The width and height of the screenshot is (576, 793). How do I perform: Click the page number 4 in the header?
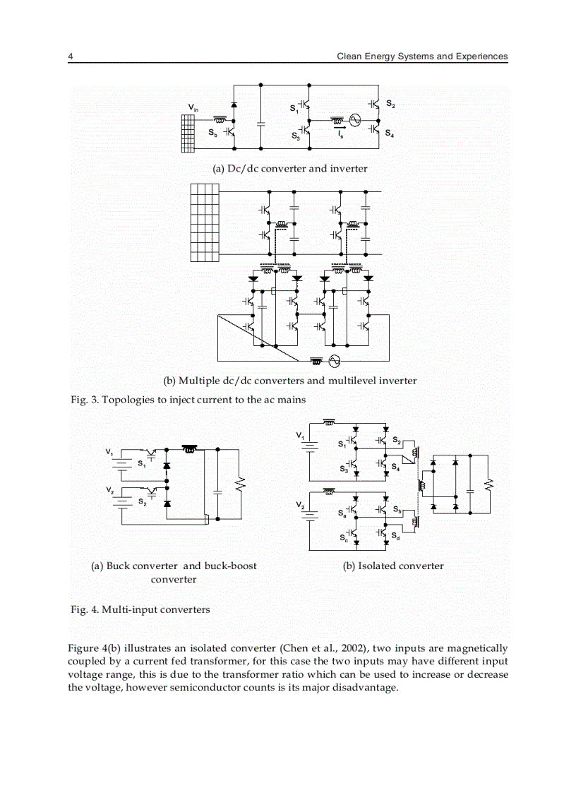coord(71,56)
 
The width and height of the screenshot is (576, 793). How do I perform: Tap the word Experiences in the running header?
coord(480,56)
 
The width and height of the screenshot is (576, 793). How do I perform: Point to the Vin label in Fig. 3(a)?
coord(193,107)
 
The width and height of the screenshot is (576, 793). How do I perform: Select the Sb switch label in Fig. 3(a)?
coord(212,132)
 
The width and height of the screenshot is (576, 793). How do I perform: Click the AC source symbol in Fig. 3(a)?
coord(354,121)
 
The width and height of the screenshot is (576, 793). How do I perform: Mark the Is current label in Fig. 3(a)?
coord(340,133)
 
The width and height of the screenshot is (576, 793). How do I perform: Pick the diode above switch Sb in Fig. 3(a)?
coord(234,105)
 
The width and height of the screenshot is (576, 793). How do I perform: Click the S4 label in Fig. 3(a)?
coord(390,133)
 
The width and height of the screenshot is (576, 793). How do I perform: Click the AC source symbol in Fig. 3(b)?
coord(335,361)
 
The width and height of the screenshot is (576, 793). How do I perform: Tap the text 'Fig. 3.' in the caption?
coord(85,400)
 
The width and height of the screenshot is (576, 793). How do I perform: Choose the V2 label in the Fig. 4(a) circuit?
coord(109,489)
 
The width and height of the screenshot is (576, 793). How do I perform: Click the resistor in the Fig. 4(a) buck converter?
coord(240,484)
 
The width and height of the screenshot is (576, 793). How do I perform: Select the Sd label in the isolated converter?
coord(396,537)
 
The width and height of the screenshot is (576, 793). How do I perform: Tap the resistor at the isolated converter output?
coord(488,484)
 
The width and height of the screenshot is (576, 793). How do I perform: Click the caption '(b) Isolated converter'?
coord(393,566)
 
